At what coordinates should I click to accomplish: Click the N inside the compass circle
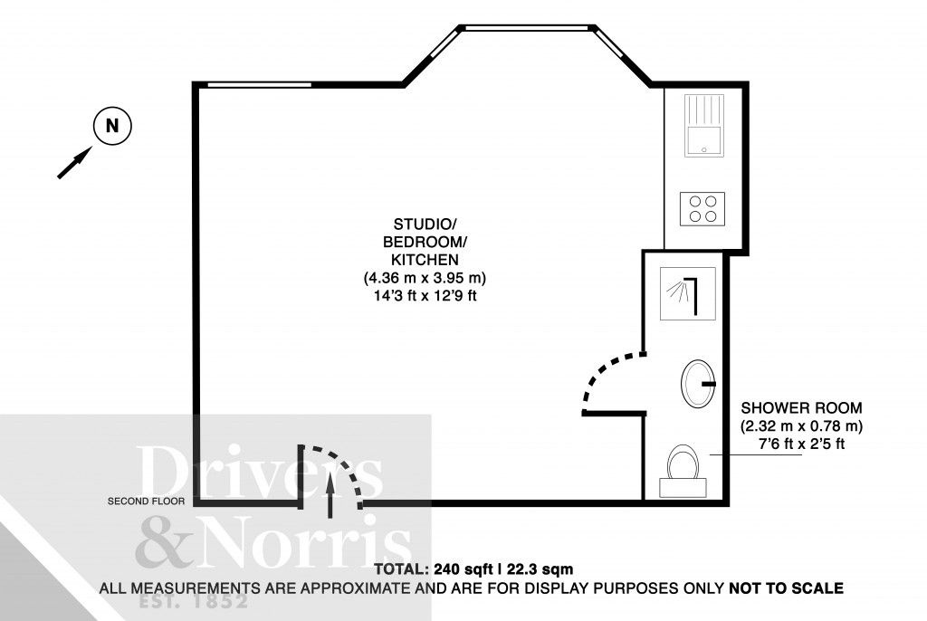click(112, 127)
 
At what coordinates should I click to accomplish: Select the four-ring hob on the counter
click(704, 208)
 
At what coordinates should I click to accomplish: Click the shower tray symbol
click(689, 293)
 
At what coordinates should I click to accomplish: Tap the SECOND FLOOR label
click(146, 501)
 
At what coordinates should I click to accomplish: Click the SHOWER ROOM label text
click(801, 408)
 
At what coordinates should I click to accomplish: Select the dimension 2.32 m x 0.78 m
click(801, 425)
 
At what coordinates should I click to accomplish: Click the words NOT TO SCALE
click(786, 588)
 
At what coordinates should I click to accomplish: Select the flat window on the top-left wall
click(259, 85)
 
